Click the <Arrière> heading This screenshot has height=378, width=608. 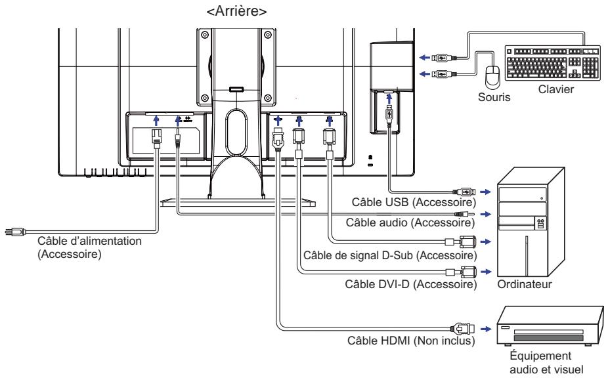click(x=236, y=11)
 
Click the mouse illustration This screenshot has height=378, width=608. click(x=493, y=75)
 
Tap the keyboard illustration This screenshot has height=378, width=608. click(x=553, y=63)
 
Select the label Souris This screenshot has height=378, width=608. click(x=494, y=97)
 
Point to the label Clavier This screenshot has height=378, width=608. click(x=555, y=89)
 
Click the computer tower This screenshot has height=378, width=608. click(x=531, y=221)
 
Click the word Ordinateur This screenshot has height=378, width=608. click(x=524, y=284)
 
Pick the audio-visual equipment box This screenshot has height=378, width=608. click(x=550, y=325)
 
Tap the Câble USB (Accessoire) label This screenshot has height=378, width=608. click(x=414, y=202)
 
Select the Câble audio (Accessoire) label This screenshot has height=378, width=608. click(x=410, y=222)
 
